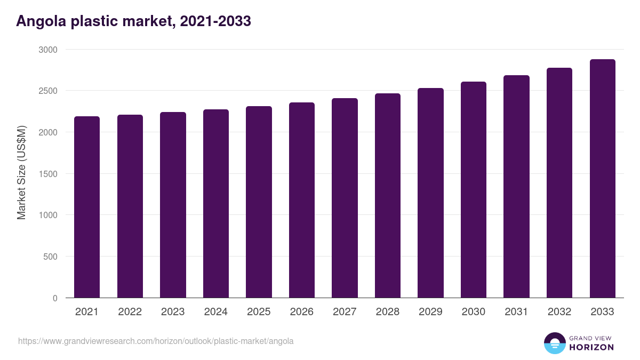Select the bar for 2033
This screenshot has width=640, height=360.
click(x=602, y=179)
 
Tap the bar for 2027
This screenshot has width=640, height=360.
click(x=345, y=198)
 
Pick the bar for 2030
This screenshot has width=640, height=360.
click(x=474, y=190)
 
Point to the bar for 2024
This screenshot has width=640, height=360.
click(x=216, y=204)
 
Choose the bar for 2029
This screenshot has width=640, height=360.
click(x=430, y=193)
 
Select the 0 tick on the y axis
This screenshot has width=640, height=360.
click(x=55, y=298)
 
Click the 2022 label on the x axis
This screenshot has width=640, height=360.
click(x=130, y=312)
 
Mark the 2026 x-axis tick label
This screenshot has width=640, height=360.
click(x=302, y=312)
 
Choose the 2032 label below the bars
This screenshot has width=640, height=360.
click(x=559, y=312)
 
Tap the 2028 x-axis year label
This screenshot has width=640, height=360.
click(x=388, y=312)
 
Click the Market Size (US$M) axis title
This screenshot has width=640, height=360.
click(x=21, y=173)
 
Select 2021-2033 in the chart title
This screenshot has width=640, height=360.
click(x=215, y=21)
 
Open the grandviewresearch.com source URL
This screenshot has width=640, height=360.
click(x=156, y=341)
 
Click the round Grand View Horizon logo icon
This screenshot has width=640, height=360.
click(x=554, y=343)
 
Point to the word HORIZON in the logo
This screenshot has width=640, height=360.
click(x=591, y=347)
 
